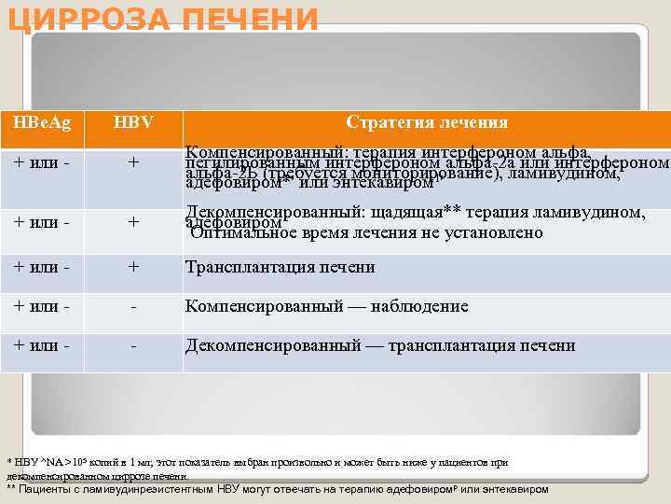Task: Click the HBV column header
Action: [134, 122]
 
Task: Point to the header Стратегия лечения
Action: [427, 122]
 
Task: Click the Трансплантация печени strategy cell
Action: [281, 267]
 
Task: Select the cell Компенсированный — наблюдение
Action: [327, 306]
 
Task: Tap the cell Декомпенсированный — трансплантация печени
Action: [380, 345]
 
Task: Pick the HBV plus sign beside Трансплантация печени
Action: [134, 267]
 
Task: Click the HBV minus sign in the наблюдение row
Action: [134, 306]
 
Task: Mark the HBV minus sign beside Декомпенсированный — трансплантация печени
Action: [134, 345]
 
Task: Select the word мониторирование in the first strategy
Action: [423, 173]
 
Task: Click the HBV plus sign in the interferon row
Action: [134, 163]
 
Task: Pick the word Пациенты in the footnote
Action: [45, 488]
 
